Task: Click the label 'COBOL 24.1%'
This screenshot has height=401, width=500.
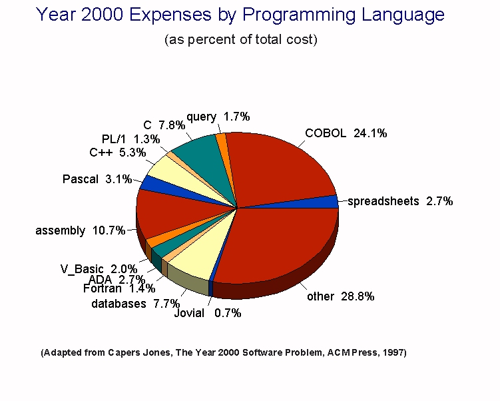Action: pos(346,133)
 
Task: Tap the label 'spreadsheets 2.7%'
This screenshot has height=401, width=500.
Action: pos(400,200)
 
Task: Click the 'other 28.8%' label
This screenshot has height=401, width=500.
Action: pos(340,296)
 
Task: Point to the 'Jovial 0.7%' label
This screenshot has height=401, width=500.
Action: pos(207,312)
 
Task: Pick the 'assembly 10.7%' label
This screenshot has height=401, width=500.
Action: pos(80,230)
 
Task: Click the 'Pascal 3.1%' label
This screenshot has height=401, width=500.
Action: pos(97,179)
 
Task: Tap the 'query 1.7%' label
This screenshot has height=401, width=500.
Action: pos(218,117)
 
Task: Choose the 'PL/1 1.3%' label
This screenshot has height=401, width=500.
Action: pos(130,139)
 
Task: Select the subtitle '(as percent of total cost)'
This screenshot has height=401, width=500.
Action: pos(241,39)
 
